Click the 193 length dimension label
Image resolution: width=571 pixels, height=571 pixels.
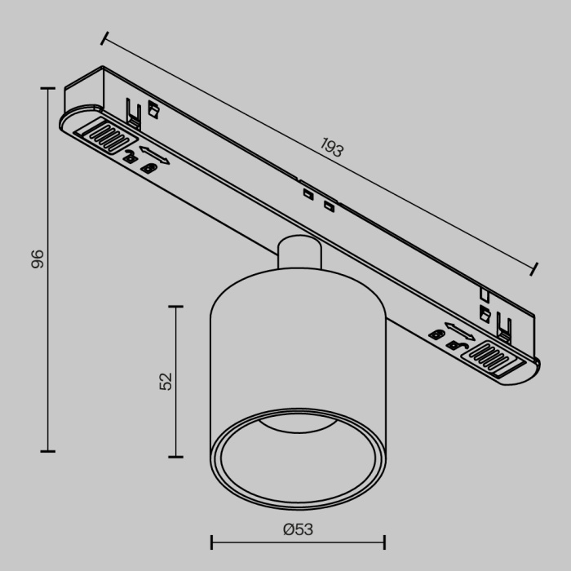[330, 148]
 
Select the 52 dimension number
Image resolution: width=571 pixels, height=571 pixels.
[166, 381]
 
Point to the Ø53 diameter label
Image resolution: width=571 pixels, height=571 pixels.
[298, 529]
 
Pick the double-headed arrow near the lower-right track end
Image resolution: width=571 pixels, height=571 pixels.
[459, 333]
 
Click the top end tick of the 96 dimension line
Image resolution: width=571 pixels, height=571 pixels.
[47, 89]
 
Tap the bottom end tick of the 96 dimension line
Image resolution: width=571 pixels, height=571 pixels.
[47, 450]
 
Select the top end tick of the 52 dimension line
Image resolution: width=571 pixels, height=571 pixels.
[175, 306]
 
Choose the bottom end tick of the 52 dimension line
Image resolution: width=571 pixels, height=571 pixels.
[175, 456]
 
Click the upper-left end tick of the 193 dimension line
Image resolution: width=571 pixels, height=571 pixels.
[104, 38]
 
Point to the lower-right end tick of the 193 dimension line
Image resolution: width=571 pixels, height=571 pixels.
[535, 269]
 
